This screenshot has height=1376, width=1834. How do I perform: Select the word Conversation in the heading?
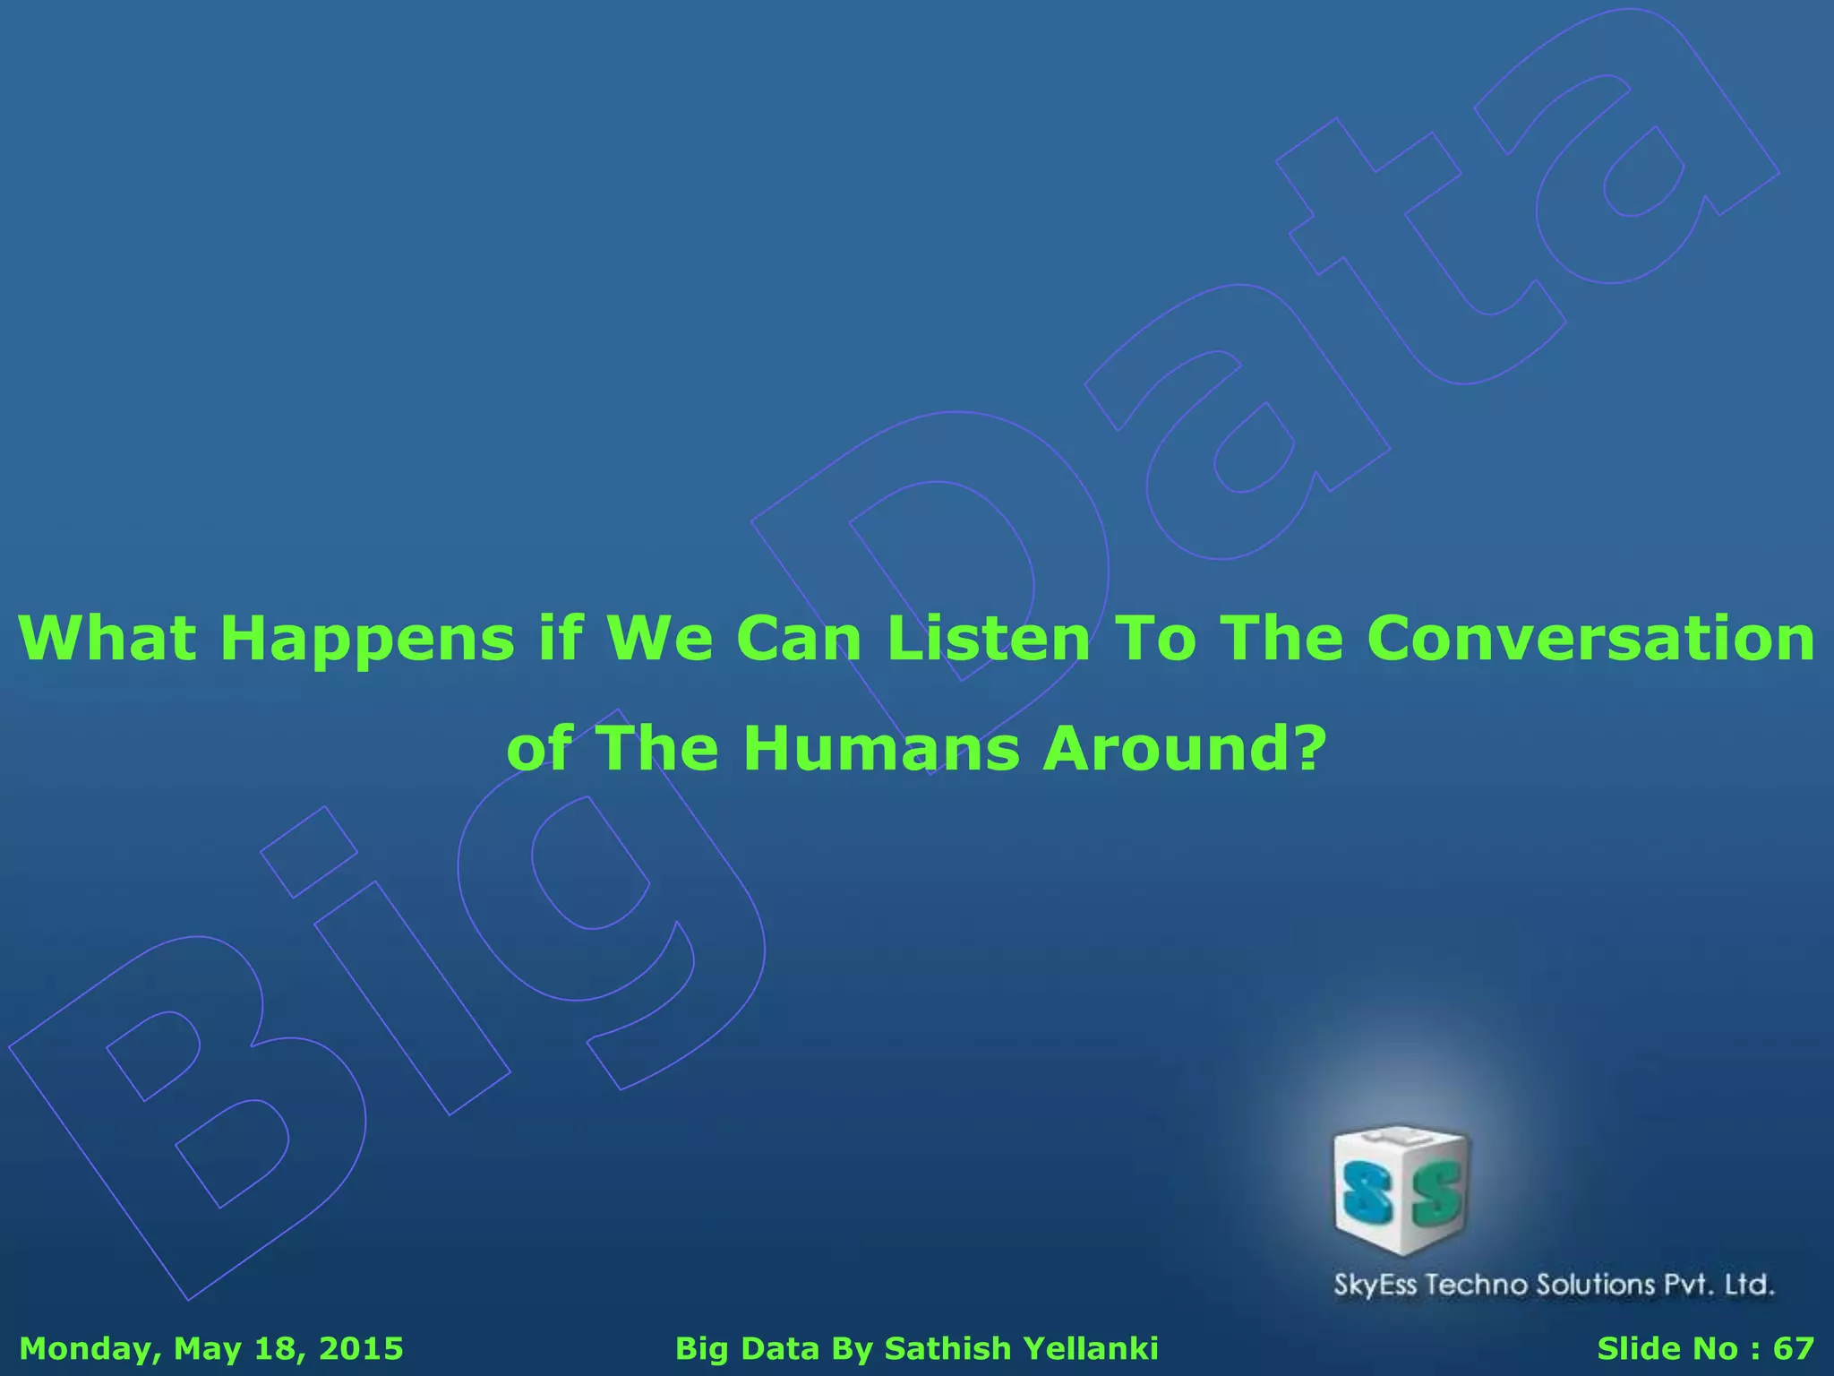tap(1590, 639)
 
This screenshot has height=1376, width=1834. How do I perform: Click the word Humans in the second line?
tap(881, 749)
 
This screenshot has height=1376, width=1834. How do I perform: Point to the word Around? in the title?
tap(1183, 749)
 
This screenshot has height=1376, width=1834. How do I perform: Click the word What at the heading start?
tap(107, 639)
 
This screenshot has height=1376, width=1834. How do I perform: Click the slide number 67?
tap(1794, 1348)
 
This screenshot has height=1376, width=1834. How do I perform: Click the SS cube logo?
tap(1401, 1190)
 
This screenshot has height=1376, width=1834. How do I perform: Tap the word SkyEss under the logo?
tap(1375, 1286)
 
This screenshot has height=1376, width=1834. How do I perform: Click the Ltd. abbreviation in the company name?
tap(1749, 1285)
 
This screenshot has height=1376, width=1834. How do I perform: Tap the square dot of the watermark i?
tap(309, 851)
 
